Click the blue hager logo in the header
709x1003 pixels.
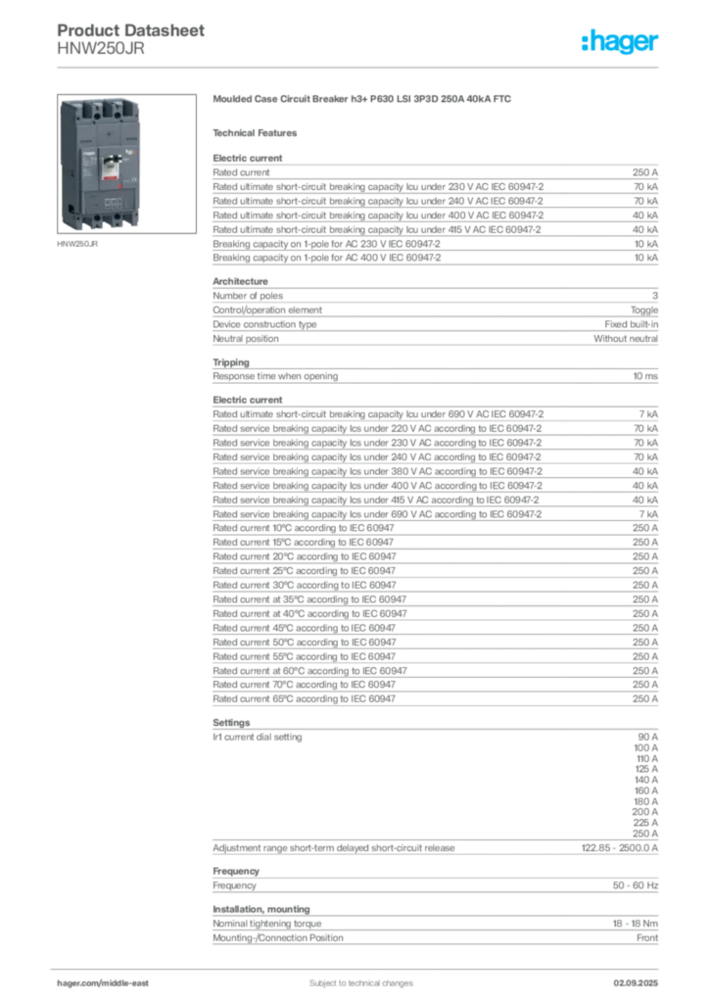622,42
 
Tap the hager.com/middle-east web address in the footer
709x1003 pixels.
109,982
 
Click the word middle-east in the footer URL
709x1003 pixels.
131,982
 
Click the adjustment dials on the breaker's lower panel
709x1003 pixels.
107,199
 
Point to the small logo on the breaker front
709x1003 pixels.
86,155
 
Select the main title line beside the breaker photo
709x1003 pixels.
363,101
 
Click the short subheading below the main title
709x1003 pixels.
259,132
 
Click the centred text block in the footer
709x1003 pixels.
350,977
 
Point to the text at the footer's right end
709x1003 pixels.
642,977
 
